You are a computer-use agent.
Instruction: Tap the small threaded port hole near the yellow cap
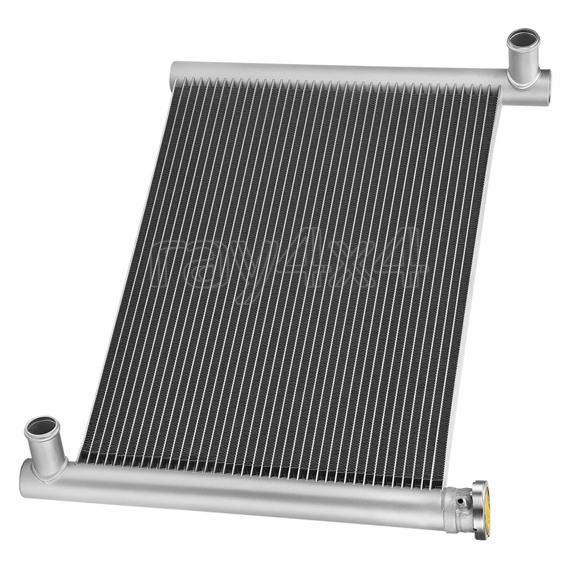click(x=460, y=502)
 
